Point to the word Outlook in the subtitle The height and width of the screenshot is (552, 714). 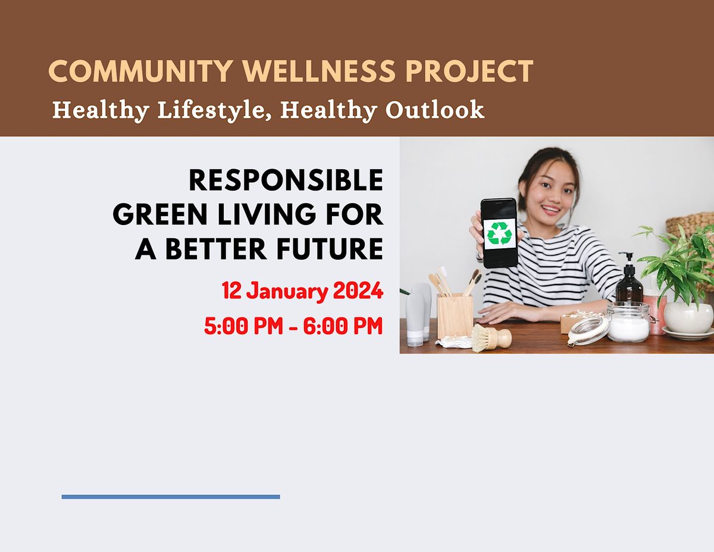point(434,111)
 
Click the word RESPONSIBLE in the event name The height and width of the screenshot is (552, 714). point(286,180)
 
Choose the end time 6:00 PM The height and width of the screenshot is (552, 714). point(343,326)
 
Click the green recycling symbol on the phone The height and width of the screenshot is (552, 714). point(499,233)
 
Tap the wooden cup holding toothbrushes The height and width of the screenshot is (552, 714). point(455,315)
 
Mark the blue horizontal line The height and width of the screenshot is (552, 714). point(170,497)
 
